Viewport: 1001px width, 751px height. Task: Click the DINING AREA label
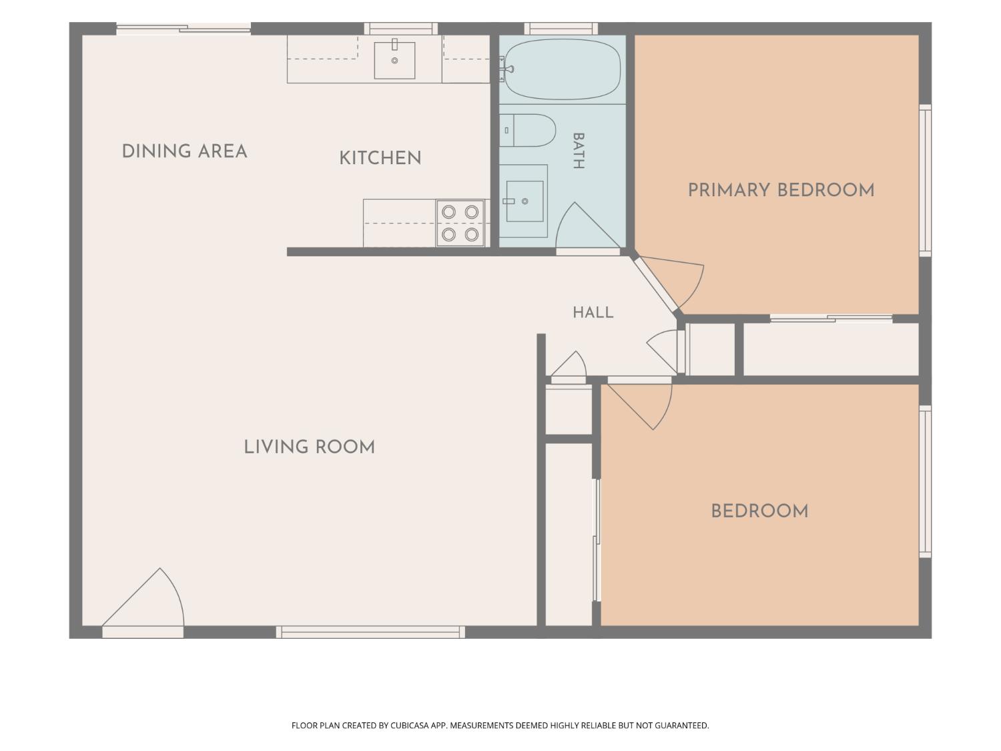[184, 152]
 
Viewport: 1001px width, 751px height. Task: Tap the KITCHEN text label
[380, 158]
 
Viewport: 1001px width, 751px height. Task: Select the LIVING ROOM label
[309, 447]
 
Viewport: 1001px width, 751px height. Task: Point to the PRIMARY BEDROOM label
[781, 190]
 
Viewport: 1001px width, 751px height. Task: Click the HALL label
[593, 313]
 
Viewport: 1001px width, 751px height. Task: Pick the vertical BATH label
[579, 151]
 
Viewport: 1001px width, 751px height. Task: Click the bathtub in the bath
[563, 69]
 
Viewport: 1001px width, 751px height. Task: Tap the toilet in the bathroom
[528, 130]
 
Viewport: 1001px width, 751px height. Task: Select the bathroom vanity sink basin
[525, 201]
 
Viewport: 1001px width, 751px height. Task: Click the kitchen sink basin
[394, 60]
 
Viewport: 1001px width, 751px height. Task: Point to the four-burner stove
[460, 224]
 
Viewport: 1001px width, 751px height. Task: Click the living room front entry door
[143, 602]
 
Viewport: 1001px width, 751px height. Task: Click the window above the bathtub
[561, 29]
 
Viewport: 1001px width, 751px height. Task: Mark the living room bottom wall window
[370, 632]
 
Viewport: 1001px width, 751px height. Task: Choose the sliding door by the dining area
[184, 29]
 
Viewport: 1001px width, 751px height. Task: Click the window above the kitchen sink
[401, 29]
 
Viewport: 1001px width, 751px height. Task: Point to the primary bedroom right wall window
[925, 180]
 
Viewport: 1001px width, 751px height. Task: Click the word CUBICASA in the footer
[410, 726]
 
